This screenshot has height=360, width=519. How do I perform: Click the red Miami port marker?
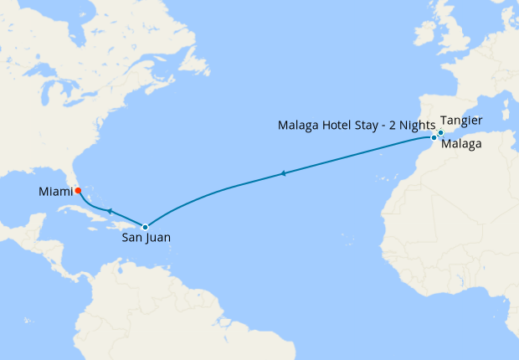77,191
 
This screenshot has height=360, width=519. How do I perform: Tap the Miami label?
55,193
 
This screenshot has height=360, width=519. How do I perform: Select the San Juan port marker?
146,227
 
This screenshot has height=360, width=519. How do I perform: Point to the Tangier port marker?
440,132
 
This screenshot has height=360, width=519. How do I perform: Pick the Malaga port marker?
434,136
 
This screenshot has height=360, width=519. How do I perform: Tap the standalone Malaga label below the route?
461,145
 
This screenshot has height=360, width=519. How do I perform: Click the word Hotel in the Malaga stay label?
334,126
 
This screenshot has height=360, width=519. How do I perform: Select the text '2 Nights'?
410,126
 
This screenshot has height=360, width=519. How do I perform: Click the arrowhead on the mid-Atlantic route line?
284,173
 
